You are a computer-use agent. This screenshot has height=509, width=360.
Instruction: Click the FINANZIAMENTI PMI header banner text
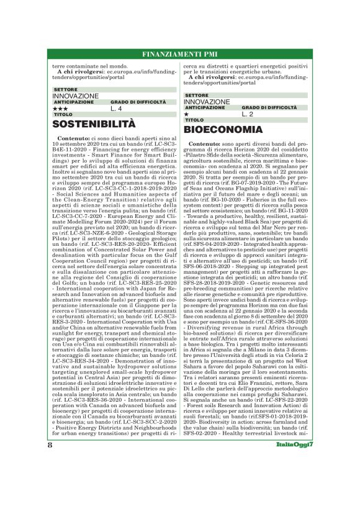[180, 53]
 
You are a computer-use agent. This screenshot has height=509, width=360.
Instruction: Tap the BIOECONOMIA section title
[223, 130]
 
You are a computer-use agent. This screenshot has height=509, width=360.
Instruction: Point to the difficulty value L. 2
[248, 114]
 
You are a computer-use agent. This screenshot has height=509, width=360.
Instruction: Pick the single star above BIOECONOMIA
[186, 114]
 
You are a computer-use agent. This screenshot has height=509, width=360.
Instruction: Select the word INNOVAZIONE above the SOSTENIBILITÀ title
[75, 96]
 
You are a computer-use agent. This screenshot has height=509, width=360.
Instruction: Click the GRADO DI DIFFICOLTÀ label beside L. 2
[269, 107]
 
